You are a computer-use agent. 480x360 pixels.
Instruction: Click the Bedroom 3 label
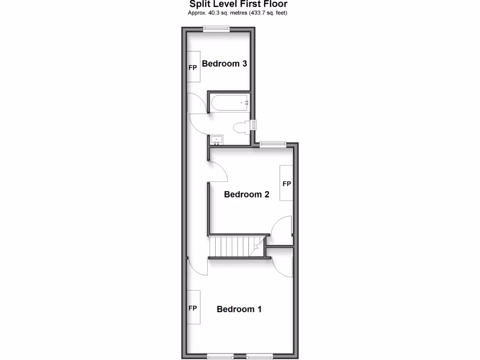coord(224,64)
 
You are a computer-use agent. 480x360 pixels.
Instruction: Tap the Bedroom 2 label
coord(247,194)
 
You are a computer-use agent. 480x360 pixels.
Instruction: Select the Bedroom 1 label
coord(239,309)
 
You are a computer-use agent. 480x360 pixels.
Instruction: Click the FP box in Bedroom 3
coord(193,67)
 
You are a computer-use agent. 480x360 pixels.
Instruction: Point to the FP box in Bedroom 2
coord(286,183)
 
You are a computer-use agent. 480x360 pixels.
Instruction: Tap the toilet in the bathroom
coord(241,127)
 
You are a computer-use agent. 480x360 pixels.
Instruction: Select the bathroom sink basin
coord(217,140)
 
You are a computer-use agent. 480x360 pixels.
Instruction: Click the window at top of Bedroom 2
coord(273,144)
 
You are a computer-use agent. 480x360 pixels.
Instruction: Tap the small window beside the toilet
coord(254,126)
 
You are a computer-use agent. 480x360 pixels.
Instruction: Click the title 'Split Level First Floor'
coord(238,4)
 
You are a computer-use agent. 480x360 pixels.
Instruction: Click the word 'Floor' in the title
coord(275,4)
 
